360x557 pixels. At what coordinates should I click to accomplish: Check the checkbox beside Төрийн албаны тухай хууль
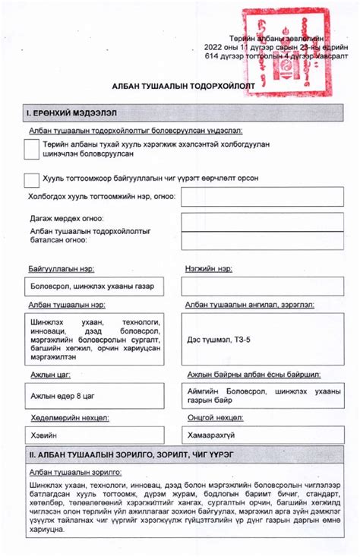32,150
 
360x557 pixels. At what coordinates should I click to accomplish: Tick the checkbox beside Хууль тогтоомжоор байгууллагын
32,179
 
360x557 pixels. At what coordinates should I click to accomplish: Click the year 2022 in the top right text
216,46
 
